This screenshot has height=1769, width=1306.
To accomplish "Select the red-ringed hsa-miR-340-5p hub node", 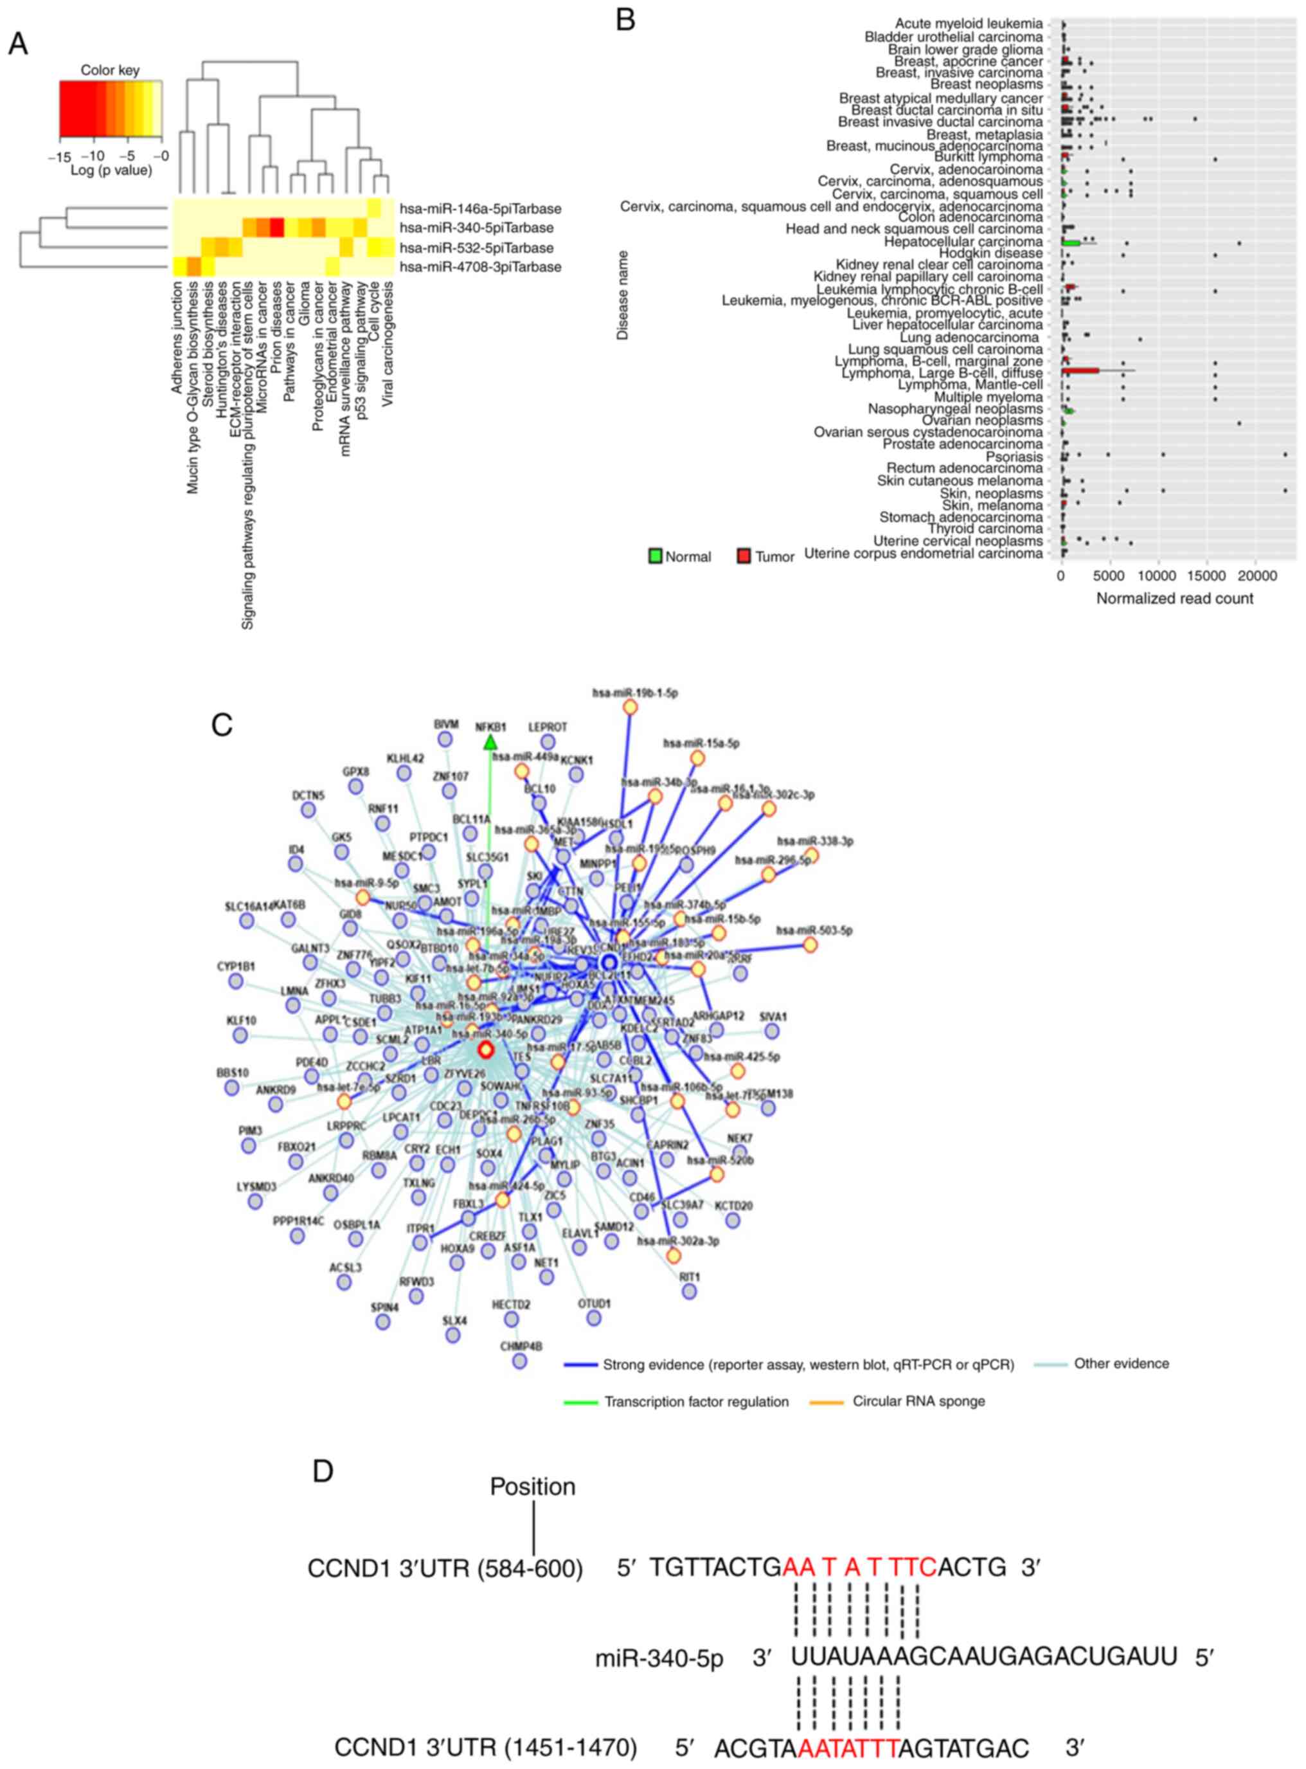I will [485, 1049].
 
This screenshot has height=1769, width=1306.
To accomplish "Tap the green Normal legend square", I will [654, 556].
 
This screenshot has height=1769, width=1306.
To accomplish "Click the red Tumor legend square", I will [744, 556].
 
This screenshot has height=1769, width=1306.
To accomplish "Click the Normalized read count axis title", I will [1174, 599].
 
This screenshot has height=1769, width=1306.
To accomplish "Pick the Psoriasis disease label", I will [1014, 457].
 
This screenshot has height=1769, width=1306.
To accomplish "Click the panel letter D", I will [323, 1471].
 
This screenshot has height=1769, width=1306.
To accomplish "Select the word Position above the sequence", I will [532, 1486].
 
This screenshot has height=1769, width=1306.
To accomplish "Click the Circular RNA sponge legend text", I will [918, 1401].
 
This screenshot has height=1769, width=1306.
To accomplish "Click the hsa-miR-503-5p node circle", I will [810, 945].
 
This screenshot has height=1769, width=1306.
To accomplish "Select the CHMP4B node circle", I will [519, 1360].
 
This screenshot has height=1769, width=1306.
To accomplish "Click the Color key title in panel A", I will [110, 69].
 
